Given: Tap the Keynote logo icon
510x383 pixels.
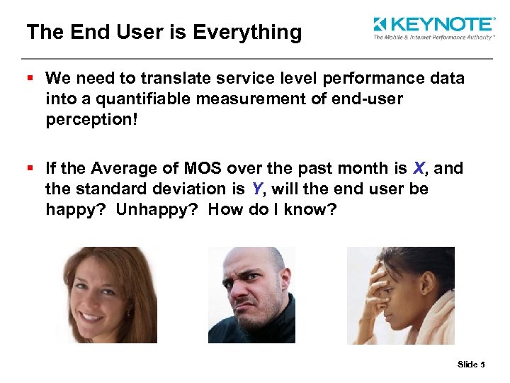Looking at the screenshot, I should (x=380, y=25).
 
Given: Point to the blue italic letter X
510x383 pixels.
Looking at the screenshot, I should (x=420, y=168).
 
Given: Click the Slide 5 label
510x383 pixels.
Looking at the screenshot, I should (x=470, y=365).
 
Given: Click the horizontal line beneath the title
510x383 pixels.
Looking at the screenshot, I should (x=255, y=58).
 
